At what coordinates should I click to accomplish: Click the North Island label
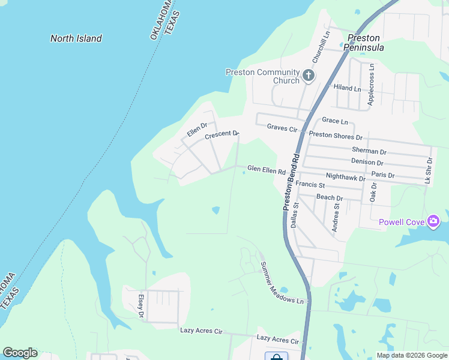[x=76, y=38]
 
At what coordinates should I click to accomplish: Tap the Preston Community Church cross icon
[x=309, y=76]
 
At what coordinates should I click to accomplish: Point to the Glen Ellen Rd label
[x=267, y=171]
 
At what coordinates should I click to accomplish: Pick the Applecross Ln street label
[x=371, y=85]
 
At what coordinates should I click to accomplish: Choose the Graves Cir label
[x=282, y=128]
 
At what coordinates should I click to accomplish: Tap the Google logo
[x=20, y=353]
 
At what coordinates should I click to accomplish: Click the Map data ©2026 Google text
[x=412, y=355]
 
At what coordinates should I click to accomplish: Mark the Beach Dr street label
[x=330, y=197]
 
